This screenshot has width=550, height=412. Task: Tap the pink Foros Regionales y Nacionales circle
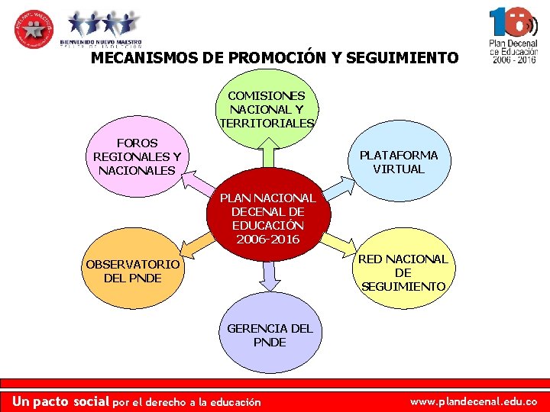point(137,156)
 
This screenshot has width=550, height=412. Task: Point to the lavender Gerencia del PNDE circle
point(269,336)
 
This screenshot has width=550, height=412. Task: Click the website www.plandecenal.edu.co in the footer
point(474,401)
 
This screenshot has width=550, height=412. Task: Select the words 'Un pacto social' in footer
point(61,401)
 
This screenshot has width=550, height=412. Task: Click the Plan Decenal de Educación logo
point(513,34)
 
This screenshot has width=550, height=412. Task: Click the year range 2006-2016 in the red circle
point(268,240)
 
